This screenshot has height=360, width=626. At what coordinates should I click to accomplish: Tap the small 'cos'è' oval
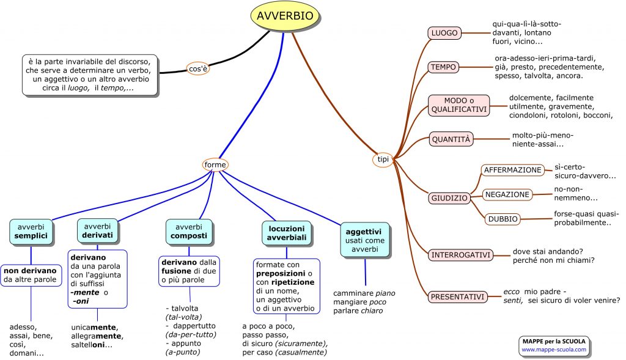click(198, 69)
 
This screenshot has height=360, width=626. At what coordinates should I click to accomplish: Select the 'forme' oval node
click(215, 164)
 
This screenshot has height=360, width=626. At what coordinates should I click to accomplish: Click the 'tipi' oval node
click(383, 160)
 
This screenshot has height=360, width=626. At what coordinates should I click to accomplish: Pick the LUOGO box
click(444, 33)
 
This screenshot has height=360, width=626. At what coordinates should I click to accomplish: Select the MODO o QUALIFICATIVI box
click(458, 105)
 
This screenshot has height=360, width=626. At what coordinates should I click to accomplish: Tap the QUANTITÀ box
click(451, 139)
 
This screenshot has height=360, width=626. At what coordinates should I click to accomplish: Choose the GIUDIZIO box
click(449, 198)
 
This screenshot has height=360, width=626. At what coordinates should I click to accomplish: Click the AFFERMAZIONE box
click(513, 170)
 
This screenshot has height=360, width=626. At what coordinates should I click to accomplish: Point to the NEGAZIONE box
click(507, 194)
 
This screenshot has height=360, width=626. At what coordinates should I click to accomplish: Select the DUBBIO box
click(503, 219)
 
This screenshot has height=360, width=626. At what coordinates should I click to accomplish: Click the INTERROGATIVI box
click(460, 255)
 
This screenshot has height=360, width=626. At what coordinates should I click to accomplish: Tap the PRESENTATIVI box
click(458, 297)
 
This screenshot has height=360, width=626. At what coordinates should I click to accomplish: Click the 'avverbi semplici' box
click(31, 231)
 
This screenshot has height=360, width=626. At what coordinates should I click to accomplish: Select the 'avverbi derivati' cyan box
click(98, 231)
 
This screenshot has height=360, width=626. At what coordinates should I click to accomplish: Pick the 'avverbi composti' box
click(189, 231)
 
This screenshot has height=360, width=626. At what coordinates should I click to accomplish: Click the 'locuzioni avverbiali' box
click(287, 233)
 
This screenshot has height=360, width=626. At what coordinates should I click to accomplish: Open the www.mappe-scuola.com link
click(553, 350)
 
